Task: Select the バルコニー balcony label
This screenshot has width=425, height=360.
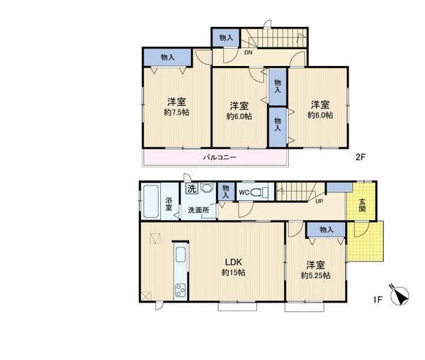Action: click(x=219, y=157)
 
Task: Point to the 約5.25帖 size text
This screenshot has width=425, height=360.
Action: click(x=316, y=276)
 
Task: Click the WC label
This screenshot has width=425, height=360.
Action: click(x=243, y=192)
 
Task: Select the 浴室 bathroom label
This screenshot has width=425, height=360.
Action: click(x=170, y=203)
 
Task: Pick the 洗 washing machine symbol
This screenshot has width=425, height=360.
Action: click(x=191, y=189)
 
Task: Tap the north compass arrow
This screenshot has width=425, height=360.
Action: click(x=402, y=296)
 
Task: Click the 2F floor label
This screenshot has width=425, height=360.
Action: click(x=361, y=159)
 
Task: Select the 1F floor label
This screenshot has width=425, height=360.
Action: click(x=378, y=300)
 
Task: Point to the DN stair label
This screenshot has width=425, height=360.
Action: click(x=249, y=52)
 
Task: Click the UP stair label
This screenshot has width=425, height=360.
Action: click(x=319, y=201)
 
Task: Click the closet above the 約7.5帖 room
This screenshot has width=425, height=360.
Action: click(x=167, y=57)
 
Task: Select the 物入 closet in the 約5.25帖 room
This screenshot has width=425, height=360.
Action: click(x=326, y=230)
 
